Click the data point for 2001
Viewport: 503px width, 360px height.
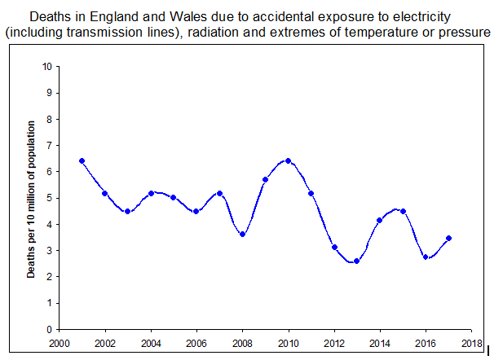(x=82, y=161)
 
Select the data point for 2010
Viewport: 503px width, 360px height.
(x=289, y=161)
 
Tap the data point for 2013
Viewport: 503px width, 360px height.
(x=357, y=261)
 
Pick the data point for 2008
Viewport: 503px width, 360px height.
(x=243, y=235)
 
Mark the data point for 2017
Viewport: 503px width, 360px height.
(x=448, y=239)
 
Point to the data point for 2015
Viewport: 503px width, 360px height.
(x=403, y=211)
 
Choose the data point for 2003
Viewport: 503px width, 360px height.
(x=128, y=211)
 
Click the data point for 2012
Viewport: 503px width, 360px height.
(x=334, y=248)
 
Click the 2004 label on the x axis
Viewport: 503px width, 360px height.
(x=151, y=343)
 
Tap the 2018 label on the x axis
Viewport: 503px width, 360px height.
(x=472, y=343)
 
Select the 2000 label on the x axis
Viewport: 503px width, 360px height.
(x=60, y=343)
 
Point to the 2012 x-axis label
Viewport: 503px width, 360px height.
(x=334, y=343)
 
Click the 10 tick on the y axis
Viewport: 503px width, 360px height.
(x=49, y=66)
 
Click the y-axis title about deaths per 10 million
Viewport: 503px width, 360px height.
(x=32, y=200)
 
